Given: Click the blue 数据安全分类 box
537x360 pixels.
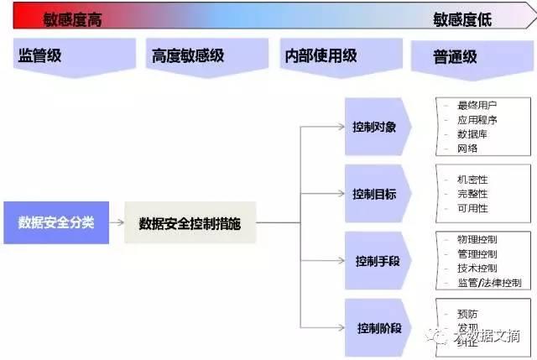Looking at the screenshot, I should click(x=55, y=222).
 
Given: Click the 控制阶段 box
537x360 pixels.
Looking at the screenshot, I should click(x=378, y=326).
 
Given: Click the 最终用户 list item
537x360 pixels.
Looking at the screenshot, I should click(x=477, y=105).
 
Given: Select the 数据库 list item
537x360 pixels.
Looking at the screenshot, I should click(x=472, y=133).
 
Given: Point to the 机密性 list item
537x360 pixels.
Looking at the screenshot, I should click(x=472, y=180).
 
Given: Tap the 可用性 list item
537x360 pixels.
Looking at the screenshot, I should click(x=472, y=208).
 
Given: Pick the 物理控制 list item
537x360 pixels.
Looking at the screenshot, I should click(x=477, y=239).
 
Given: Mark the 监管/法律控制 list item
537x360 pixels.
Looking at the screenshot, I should click(x=488, y=283).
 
